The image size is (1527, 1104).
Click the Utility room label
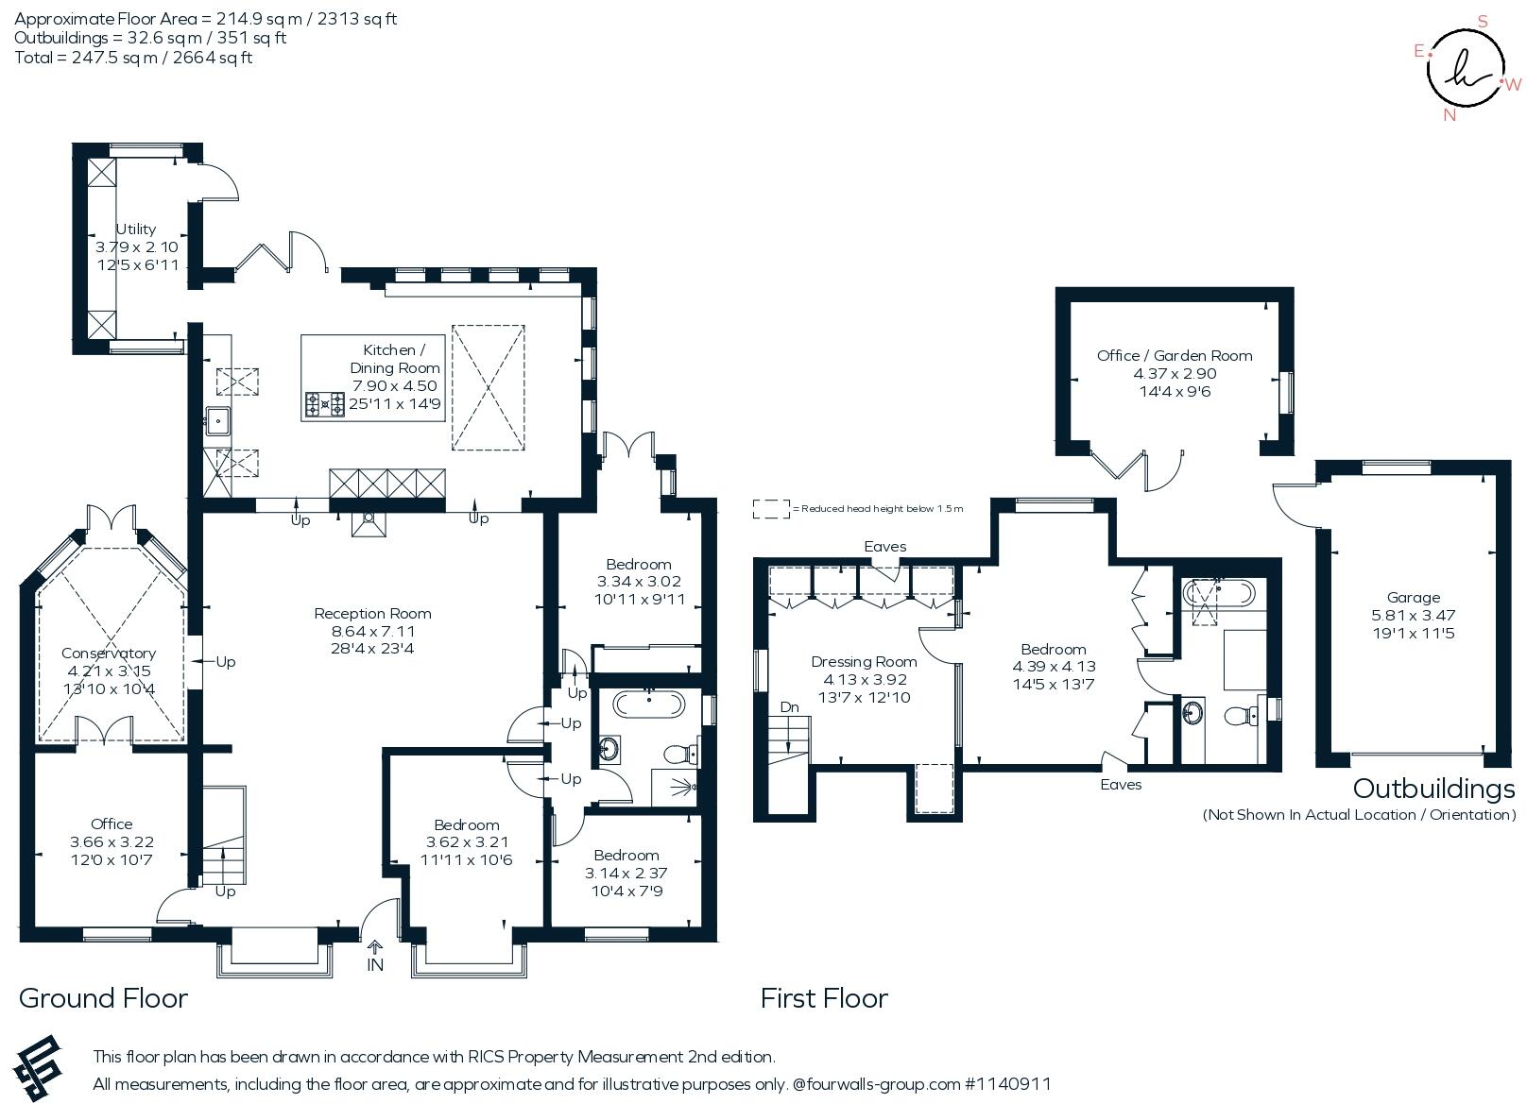coord(136,229)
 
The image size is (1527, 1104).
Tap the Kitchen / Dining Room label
coord(395,359)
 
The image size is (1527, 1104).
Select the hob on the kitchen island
coord(324,404)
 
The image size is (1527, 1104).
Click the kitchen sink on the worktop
coord(218,420)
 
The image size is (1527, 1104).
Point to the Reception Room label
coord(372,613)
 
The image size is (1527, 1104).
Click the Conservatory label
coord(109,653)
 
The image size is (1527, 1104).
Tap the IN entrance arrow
coord(375,947)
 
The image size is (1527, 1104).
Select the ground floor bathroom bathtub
coord(648,704)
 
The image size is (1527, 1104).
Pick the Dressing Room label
coord(864,662)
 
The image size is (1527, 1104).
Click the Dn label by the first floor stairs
coord(789,707)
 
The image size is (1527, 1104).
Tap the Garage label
coord(1414,598)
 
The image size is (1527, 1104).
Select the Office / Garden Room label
coord(1175,356)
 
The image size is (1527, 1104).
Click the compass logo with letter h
coord(1466,68)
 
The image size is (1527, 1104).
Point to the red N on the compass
coord(1450,115)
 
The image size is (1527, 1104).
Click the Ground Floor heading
coord(103,998)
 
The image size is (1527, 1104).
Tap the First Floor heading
coord(824,998)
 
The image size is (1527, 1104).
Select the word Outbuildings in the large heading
coord(1433,790)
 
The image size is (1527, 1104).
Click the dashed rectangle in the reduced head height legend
coord(771,508)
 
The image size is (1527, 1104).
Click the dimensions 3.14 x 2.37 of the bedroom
coord(626,873)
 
